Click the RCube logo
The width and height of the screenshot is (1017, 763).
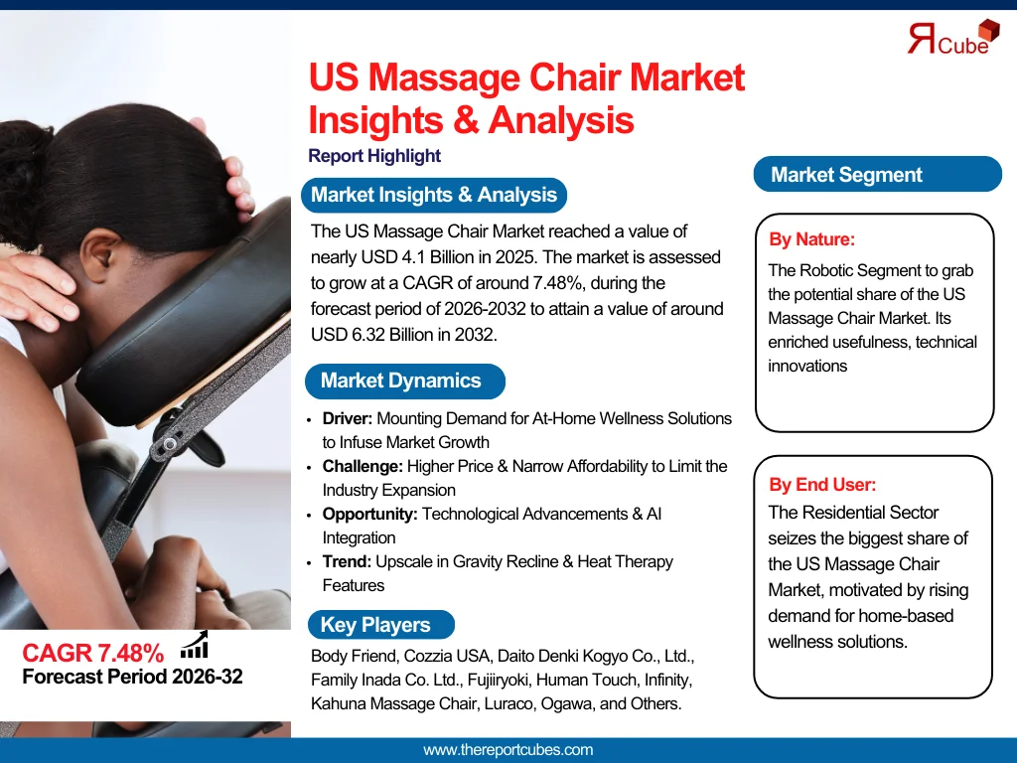click(x=953, y=38)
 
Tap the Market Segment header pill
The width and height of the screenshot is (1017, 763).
click(x=878, y=174)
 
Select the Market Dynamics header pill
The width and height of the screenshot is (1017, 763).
click(x=405, y=381)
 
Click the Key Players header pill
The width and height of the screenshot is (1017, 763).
click(x=380, y=624)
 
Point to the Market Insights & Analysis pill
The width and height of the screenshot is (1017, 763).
click(x=434, y=195)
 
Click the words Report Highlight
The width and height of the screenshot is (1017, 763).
click(x=374, y=156)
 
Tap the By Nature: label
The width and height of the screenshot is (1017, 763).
click(x=811, y=239)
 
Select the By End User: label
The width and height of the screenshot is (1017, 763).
click(x=821, y=484)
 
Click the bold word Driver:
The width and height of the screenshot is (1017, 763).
click(x=347, y=418)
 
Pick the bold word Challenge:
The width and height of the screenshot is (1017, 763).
click(x=363, y=467)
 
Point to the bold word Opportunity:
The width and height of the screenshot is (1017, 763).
click(x=369, y=515)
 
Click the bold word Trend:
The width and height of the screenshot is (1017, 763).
click(x=347, y=562)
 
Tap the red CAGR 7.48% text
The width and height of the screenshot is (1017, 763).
click(x=92, y=653)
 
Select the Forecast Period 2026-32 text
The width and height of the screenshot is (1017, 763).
click(x=132, y=677)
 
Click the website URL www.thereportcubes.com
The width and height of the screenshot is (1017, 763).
click(x=508, y=750)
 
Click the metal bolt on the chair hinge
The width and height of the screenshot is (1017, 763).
click(x=169, y=444)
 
